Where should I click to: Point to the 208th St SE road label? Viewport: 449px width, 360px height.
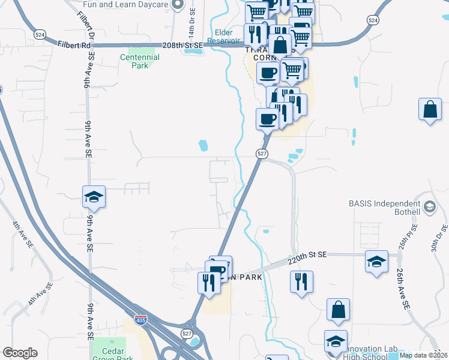pyautogui.click(x=184, y=46)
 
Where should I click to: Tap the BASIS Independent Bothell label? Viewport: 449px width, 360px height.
pyautogui.click(x=385, y=208)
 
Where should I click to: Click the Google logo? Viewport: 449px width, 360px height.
pyautogui.click(x=20, y=353)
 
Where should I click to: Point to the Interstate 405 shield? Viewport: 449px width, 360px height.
pyautogui.click(x=140, y=320)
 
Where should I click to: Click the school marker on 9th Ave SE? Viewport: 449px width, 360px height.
pyautogui.click(x=94, y=196)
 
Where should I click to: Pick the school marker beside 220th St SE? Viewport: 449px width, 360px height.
pyautogui.click(x=376, y=261)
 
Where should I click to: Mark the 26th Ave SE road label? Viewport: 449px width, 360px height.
pyautogui.click(x=402, y=288)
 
